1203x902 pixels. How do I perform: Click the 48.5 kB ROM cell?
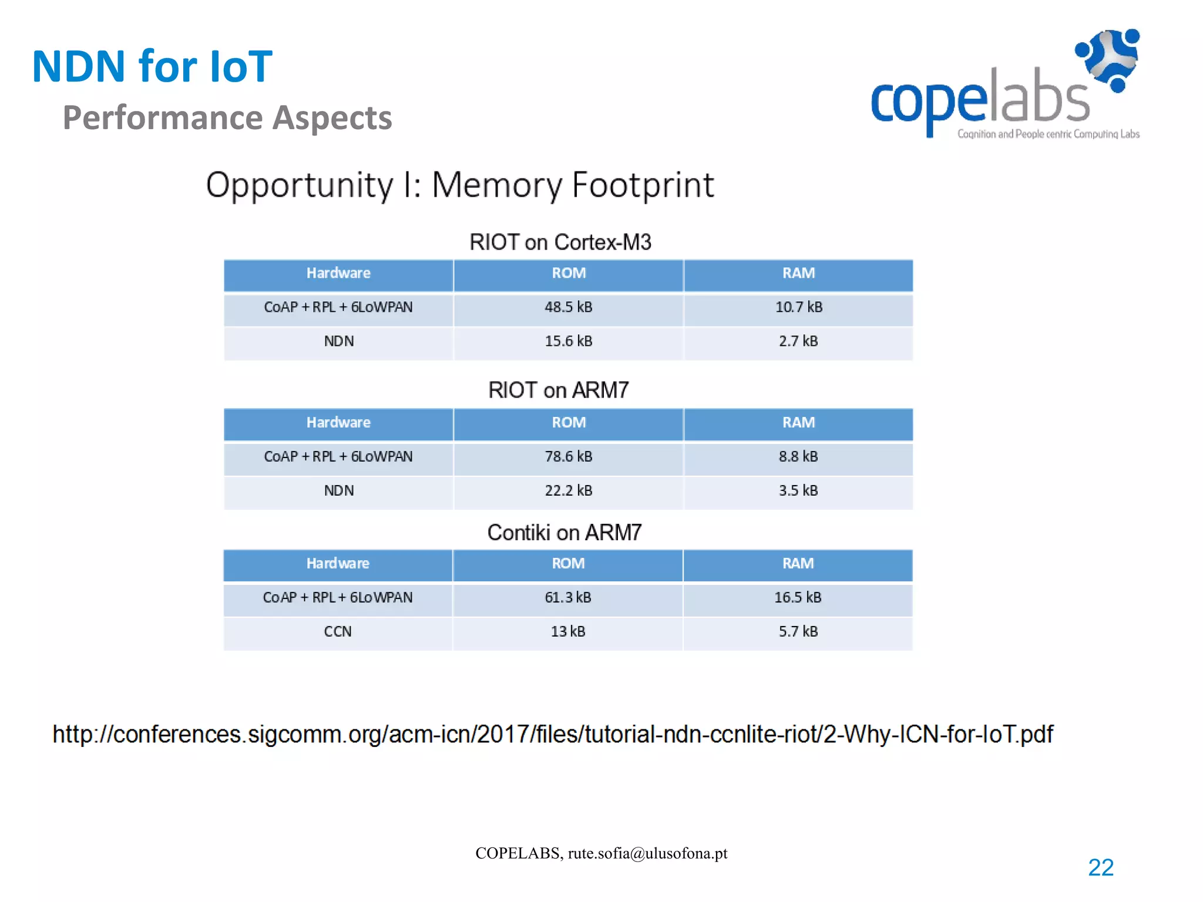(x=568, y=307)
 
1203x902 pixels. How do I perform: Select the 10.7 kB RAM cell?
(x=798, y=307)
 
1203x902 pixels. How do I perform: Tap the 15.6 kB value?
(x=568, y=341)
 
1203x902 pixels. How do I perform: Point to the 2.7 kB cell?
(x=798, y=341)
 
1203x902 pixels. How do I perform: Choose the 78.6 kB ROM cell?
(x=568, y=456)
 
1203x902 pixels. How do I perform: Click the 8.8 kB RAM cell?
(x=798, y=456)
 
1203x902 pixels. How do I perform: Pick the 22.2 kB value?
(x=568, y=490)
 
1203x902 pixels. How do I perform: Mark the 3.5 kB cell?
(x=798, y=490)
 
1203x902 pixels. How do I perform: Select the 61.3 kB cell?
(x=567, y=597)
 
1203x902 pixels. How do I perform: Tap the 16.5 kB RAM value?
(x=798, y=597)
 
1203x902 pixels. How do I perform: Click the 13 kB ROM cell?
(x=567, y=631)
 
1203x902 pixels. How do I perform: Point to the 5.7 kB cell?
(x=798, y=631)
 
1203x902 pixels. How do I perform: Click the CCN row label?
(x=338, y=631)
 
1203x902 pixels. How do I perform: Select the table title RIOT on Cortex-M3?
(x=560, y=242)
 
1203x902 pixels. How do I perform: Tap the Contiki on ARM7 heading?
(x=564, y=533)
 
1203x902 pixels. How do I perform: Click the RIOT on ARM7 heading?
(x=559, y=390)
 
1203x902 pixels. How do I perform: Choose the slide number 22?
(x=1101, y=867)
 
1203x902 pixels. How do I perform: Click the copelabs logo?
(x=1005, y=85)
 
